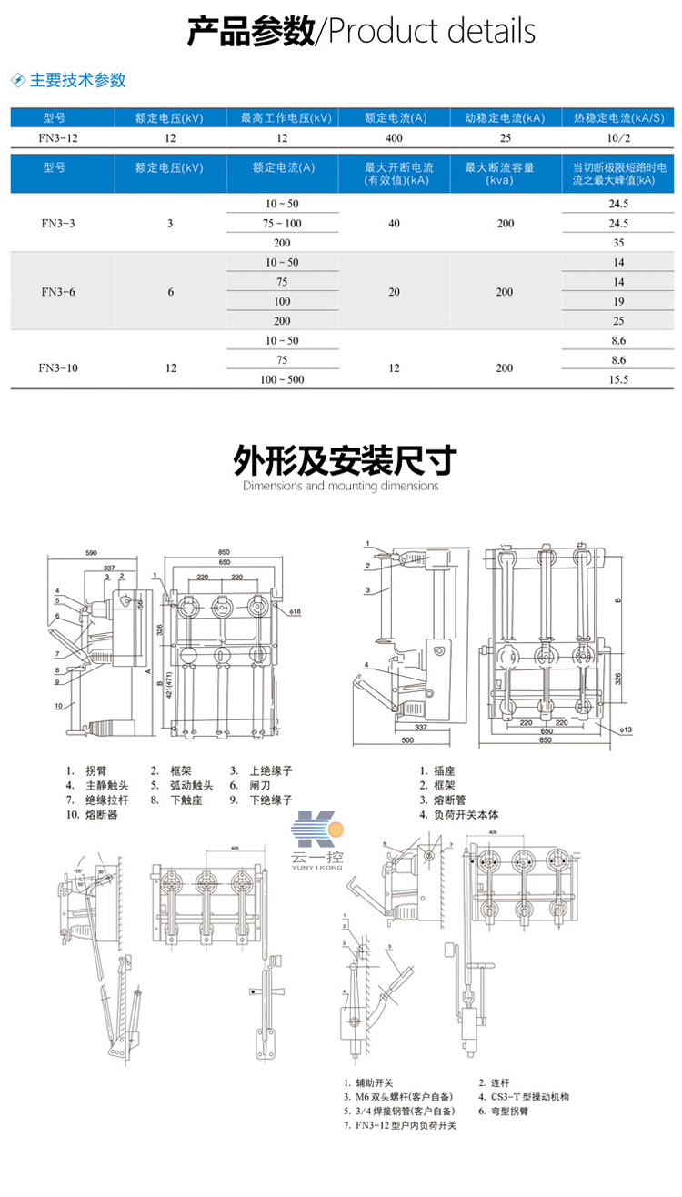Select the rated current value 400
coord(394,138)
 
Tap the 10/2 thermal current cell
coord(618,138)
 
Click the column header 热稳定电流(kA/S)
coord(618,118)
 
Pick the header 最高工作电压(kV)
coord(282,118)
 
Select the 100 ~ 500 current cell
coord(282,379)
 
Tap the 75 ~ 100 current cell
coord(282,223)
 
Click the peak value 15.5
coord(618,379)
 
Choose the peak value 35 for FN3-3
coord(618,243)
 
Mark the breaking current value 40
coord(394,223)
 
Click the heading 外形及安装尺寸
coord(340,460)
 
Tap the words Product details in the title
coord(431,33)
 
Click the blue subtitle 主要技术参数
coord(77,80)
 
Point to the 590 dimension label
coord(91,552)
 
